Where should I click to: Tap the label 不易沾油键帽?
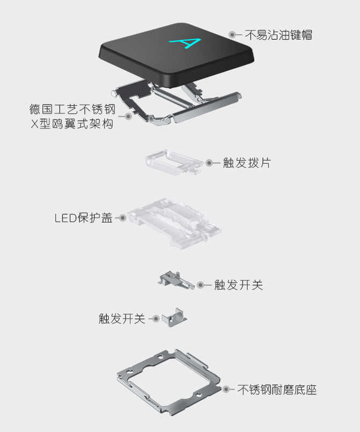coord(278,35)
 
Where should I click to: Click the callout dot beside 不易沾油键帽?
coord(232,35)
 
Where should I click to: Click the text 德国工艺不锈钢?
coord(72,109)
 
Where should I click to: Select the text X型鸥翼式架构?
coord(72,124)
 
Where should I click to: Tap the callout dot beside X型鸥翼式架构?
coord(128,116)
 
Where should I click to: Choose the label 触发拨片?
coord(247,163)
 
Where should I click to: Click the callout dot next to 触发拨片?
coord(210,163)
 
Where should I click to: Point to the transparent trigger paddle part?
coord(173,163)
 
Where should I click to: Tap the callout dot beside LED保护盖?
coord(123,218)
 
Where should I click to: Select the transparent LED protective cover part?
coord(174,222)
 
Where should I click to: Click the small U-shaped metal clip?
coord(174,318)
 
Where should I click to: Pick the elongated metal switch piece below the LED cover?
coord(176,280)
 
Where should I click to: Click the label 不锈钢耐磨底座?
coord(277,390)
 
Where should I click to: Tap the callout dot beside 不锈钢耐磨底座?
coord(226,390)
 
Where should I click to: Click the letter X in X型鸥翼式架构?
coord(34,124)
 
